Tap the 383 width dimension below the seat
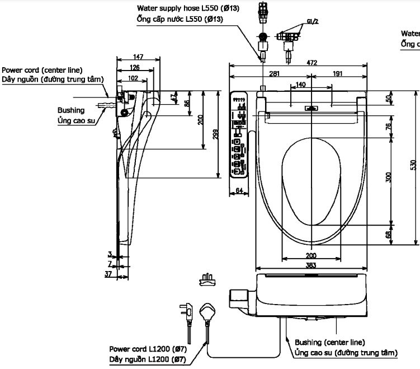pos(311,265)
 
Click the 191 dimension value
pos(337,74)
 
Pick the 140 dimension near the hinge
pos(301,85)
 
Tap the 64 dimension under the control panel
pos(239,191)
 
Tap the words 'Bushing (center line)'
pos(330,342)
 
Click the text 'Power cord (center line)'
pos(42,70)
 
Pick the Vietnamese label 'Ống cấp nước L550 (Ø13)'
pos(180,19)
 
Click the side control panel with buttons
pos(239,134)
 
